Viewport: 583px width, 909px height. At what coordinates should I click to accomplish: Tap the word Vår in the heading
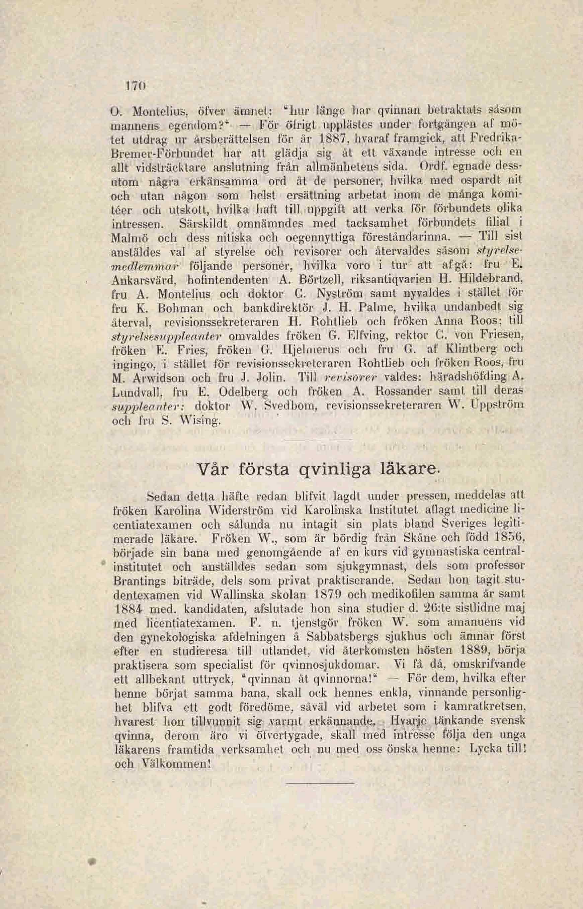point(214,469)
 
